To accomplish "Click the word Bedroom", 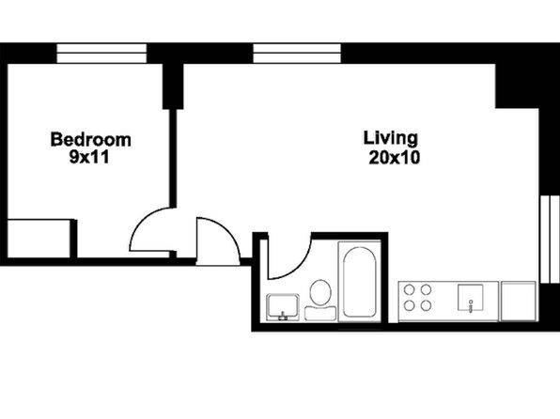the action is pos(91,140).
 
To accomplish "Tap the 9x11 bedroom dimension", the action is pos(89,157).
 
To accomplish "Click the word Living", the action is pos(390,139).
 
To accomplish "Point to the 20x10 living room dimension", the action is pos(395,158).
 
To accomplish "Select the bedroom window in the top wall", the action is pos(101,54).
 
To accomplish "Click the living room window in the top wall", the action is pos(297,54).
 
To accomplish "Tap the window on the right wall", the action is pos(550,239).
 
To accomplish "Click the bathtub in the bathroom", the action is pos(360,282).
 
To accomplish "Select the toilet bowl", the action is pos(320,292).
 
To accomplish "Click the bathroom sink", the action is pos(283,307).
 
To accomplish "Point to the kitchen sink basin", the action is pos(471,297).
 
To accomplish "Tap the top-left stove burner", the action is pos(410,289).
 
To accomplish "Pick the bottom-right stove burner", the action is pos(426,305).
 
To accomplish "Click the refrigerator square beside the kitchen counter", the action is pos(519,302).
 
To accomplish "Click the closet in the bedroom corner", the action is pos(39,239).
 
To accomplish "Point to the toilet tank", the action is pos(320,313).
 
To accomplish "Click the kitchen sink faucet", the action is pos(471,306).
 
